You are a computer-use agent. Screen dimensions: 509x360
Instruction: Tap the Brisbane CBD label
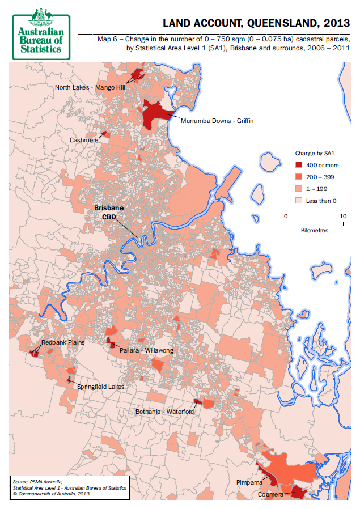pyautogui.click(x=108, y=212)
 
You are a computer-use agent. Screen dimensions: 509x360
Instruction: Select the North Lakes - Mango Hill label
pyautogui.click(x=90, y=87)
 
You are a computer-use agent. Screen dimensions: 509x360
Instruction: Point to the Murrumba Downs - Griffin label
pyautogui.click(x=217, y=121)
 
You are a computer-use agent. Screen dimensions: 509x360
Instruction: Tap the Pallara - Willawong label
pyautogui.click(x=146, y=351)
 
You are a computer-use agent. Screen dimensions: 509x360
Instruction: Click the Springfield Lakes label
pyautogui.click(x=100, y=387)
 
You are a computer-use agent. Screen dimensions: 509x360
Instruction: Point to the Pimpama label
pyautogui.click(x=249, y=482)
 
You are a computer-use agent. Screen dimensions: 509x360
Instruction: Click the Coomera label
pyautogui.click(x=271, y=494)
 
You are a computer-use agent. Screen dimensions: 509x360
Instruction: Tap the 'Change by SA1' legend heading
pyautogui.click(x=316, y=153)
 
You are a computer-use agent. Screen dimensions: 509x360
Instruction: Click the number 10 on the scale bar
pyautogui.click(x=342, y=216)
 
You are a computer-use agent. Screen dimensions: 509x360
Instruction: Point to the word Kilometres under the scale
pyautogui.click(x=314, y=231)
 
